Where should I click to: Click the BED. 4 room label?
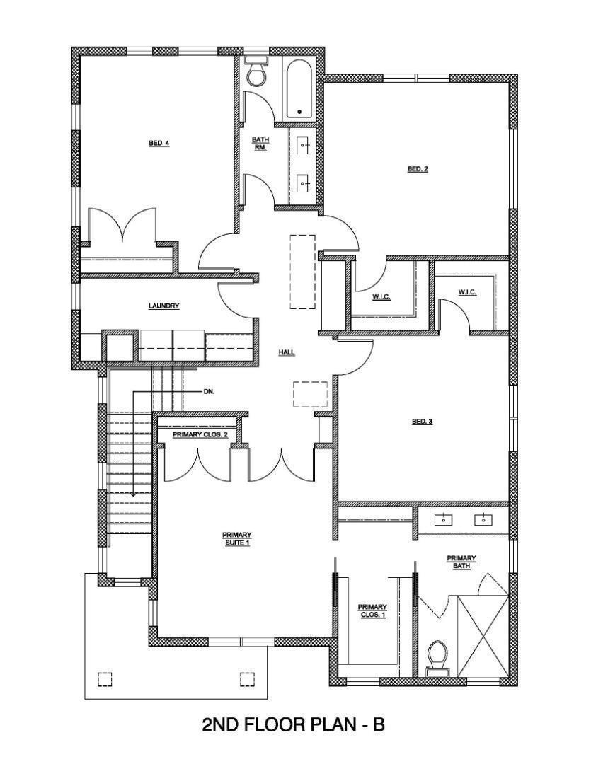coord(159,144)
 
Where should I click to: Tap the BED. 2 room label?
coord(418,169)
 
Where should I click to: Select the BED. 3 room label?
coord(422,422)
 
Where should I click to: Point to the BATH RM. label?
coord(260,144)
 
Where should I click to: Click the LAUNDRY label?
coord(163,306)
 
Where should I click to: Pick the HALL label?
coord(287,352)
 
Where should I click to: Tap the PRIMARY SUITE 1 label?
coord(237,538)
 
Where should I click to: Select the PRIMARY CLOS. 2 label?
coord(200,434)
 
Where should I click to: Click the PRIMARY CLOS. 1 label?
coord(372,611)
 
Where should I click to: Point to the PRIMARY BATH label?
coord(461,562)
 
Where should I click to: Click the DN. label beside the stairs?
coord(209,390)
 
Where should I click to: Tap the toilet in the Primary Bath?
coord(438,656)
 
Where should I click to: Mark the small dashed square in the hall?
coord(311,394)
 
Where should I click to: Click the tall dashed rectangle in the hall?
coord(302,272)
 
